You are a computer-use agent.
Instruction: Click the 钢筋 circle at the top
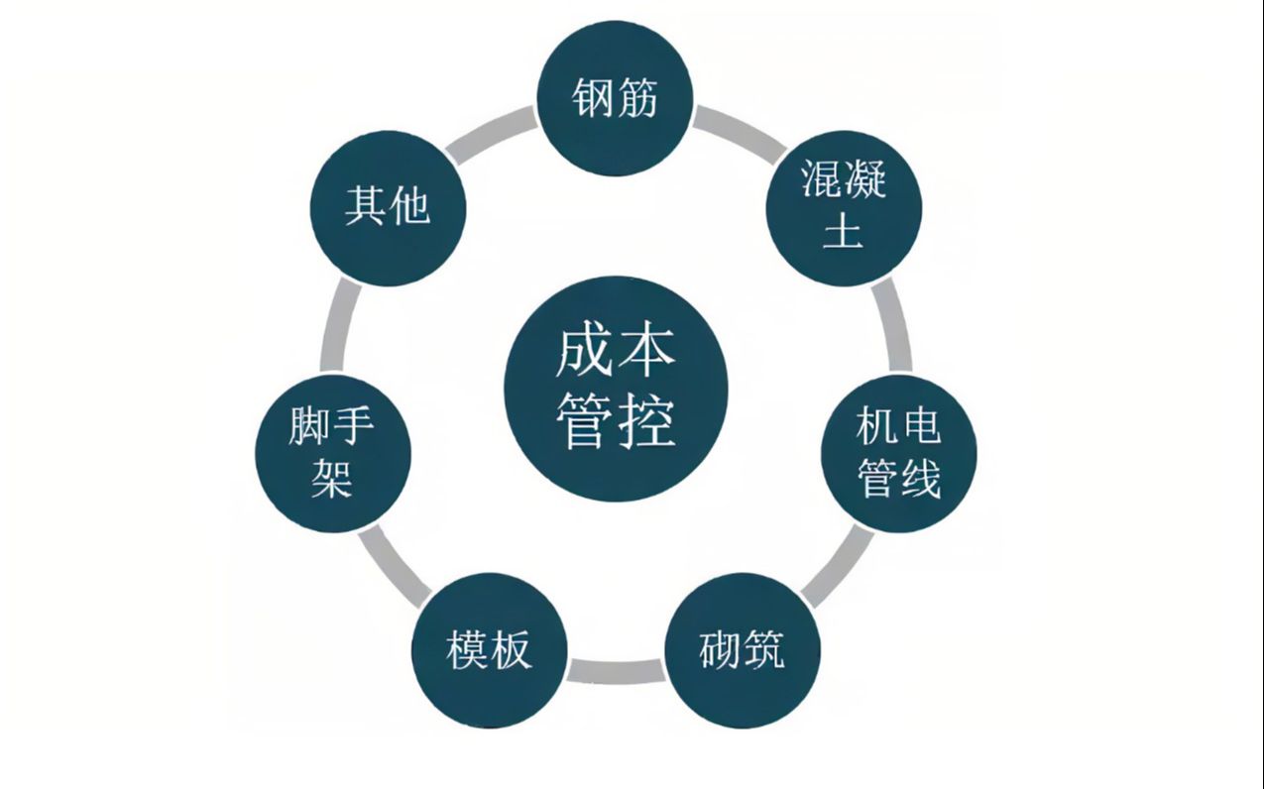pyautogui.click(x=615, y=99)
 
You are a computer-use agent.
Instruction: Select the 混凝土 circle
pyautogui.click(x=844, y=209)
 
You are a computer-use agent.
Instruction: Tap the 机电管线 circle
pyautogui.click(x=898, y=454)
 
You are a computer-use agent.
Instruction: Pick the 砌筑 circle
pyautogui.click(x=742, y=651)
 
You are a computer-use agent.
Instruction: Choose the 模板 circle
pyautogui.click(x=489, y=651)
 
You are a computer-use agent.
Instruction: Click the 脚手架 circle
pyautogui.click(x=333, y=454)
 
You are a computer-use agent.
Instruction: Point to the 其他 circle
pyautogui.click(x=389, y=209)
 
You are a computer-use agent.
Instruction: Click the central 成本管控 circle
pyautogui.click(x=616, y=389)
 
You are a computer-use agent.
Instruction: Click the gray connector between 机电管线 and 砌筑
pyautogui.click(x=837, y=566)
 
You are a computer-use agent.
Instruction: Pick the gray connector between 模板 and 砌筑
pyautogui.click(x=616, y=671)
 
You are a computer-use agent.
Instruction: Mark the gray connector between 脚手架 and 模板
pyautogui.click(x=394, y=566)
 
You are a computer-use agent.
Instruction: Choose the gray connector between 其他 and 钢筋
pyautogui.click(x=491, y=134)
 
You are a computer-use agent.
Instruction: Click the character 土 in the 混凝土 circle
pyautogui.click(x=843, y=231)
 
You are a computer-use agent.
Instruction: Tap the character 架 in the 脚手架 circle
pyautogui.click(x=332, y=479)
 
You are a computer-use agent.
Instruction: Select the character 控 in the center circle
pyautogui.click(x=646, y=423)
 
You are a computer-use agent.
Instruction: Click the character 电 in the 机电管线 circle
pyautogui.click(x=920, y=427)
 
